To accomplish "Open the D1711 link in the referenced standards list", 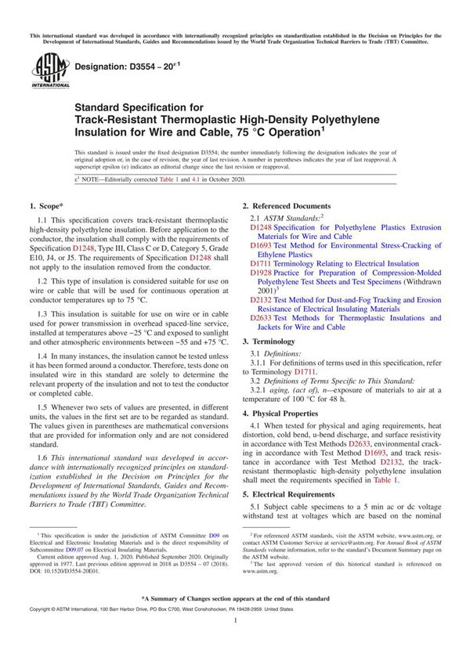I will (x=261, y=264).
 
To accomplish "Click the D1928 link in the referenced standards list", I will (x=261, y=273).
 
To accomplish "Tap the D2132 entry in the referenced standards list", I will (x=261, y=298).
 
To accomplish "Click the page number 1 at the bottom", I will (x=235, y=642).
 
